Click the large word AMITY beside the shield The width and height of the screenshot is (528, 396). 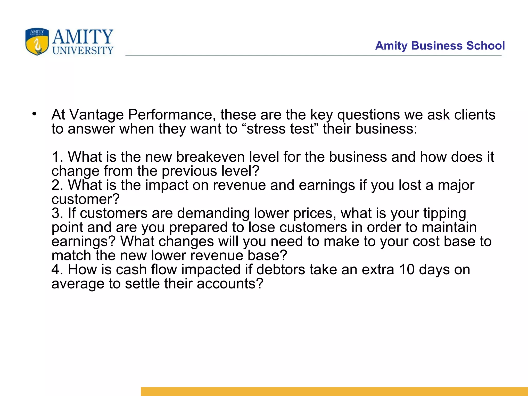coord(83,37)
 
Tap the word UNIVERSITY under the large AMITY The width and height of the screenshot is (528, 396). coord(83,51)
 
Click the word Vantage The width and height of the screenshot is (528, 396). coord(96,115)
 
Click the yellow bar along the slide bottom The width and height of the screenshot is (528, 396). coord(334,391)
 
